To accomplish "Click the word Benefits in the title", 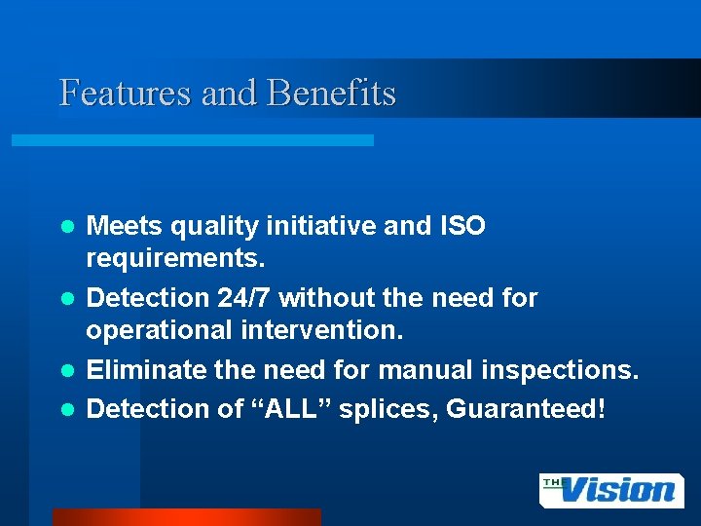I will [331, 94].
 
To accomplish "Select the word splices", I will [387, 408].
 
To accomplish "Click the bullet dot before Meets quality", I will [67, 227].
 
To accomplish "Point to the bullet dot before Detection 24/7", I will [67, 298].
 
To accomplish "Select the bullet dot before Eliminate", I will [67, 371].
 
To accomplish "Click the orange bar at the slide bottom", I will [186, 517].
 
